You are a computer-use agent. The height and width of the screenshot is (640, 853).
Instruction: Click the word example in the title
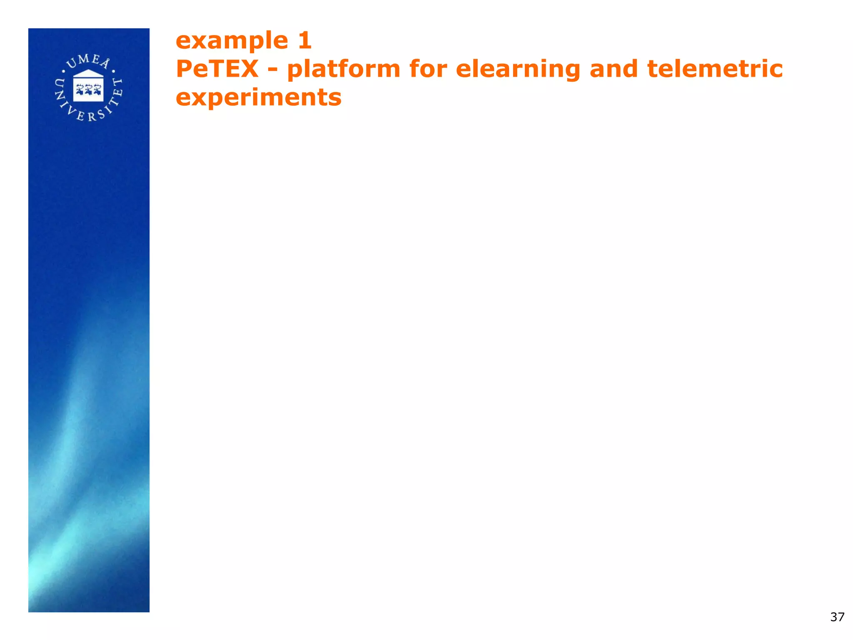coord(232,41)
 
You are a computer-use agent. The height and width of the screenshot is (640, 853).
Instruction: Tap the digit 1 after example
coord(305,40)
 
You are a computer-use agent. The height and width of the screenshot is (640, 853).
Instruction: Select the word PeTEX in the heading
coord(217,69)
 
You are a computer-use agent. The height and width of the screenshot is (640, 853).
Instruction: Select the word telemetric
coord(715,69)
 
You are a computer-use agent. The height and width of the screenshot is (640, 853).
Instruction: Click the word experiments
coord(258,98)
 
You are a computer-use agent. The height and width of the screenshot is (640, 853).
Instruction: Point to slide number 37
coord(837,617)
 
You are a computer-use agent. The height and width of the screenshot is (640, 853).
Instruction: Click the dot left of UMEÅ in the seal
coord(63,71)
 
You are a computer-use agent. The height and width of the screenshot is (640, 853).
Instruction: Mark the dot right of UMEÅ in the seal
coord(113,71)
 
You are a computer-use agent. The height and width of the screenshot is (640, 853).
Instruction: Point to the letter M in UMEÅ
coord(84,59)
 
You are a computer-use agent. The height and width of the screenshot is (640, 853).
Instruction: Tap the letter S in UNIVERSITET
coord(101,114)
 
